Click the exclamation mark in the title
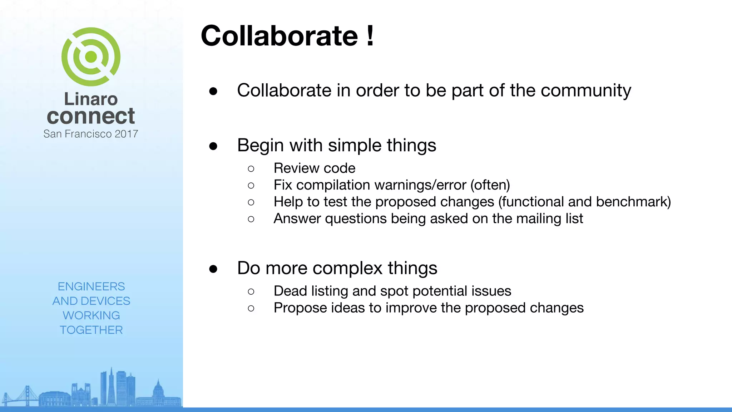(370, 36)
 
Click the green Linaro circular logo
(91, 57)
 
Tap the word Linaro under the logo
(91, 99)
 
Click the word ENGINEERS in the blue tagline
(91, 286)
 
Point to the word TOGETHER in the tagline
(91, 330)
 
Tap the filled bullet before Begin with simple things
(213, 146)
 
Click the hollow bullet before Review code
(251, 168)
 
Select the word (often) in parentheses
(490, 185)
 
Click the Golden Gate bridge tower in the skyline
(27, 395)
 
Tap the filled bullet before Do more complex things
(213, 269)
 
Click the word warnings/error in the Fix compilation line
(420, 185)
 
